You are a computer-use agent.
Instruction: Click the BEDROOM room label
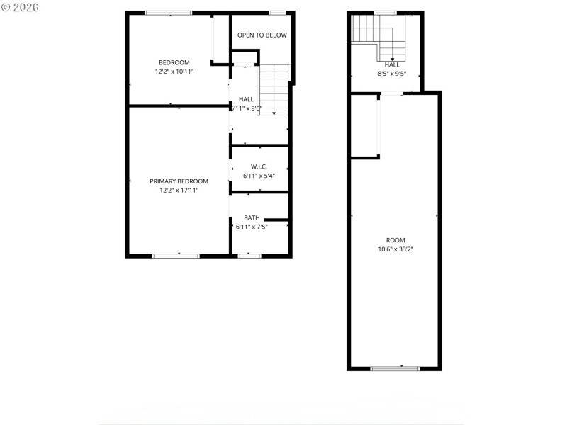[x=174, y=62]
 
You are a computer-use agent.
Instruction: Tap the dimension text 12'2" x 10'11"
[x=174, y=72]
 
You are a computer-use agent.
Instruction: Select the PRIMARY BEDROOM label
[x=179, y=181]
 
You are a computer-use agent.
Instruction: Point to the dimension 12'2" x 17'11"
[x=179, y=191]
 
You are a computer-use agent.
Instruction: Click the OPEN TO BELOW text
[x=262, y=35]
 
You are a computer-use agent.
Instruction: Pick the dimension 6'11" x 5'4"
[x=258, y=176]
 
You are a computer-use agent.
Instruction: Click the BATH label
[x=252, y=217]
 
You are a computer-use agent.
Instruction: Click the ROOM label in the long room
[x=395, y=239]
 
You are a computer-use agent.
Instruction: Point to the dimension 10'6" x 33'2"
[x=395, y=249]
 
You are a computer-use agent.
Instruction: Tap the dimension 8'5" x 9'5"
[x=392, y=73]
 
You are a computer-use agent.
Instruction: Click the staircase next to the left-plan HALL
[x=274, y=89]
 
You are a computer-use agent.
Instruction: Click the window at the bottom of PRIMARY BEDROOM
[x=176, y=255]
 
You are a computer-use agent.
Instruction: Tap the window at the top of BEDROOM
[x=168, y=13]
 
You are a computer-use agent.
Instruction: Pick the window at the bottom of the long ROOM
[x=395, y=368]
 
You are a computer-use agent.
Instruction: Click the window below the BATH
[x=249, y=255]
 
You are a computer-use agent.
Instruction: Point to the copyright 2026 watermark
[x=21, y=6]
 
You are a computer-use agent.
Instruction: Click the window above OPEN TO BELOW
[x=277, y=13]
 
